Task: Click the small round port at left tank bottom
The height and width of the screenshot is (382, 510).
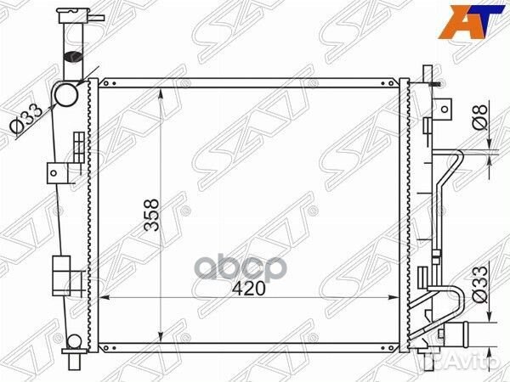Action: [x=74, y=342]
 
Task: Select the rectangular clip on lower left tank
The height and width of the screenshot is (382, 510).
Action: [x=60, y=273]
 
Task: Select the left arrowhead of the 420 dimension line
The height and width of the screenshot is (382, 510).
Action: [x=105, y=297]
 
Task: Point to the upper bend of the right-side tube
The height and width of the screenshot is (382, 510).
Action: [x=457, y=157]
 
